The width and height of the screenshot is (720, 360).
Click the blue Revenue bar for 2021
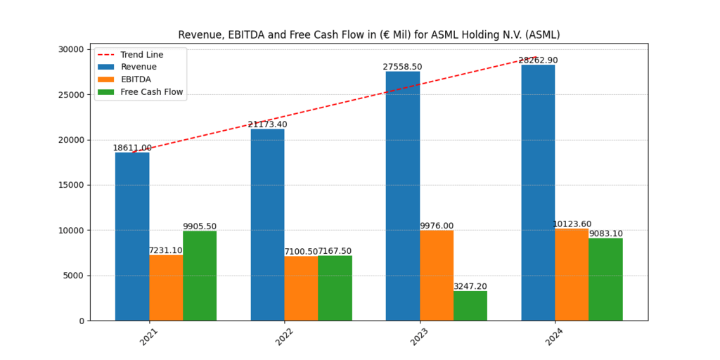tap(132, 236)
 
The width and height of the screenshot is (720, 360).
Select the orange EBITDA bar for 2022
tap(301, 288)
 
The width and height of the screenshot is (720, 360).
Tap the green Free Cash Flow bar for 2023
tap(470, 305)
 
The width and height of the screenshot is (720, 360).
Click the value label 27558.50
tap(402, 67)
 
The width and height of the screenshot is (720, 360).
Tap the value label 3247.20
tap(470, 286)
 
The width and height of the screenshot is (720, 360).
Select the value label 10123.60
tap(572, 224)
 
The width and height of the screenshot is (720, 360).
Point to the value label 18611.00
tap(132, 148)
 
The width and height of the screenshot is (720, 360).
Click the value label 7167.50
tap(335, 251)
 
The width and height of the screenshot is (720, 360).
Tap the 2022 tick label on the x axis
tap(285, 337)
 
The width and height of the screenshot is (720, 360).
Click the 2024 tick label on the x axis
tap(555, 337)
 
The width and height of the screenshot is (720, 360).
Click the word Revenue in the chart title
tap(198, 34)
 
